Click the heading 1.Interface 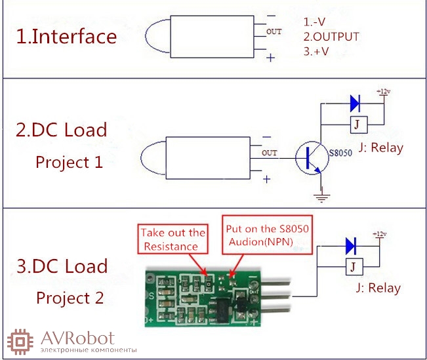click(66, 37)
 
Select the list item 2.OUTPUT click(331, 37)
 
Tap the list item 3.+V click(316, 51)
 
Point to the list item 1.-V click(314, 22)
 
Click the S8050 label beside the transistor click(340, 153)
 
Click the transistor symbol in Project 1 click(312, 157)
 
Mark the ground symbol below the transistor click(321, 196)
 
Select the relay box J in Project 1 click(359, 125)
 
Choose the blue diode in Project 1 click(355, 104)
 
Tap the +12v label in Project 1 click(384, 92)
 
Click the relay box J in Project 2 click(354, 267)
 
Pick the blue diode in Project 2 click(351, 246)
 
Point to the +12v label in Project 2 click(379, 234)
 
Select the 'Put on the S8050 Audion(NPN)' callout click(268, 235)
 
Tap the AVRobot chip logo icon click(20, 342)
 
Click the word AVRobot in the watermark click(77, 338)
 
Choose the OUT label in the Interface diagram click(274, 31)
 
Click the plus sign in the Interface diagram click(270, 58)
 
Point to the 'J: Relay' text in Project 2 click(378, 288)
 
